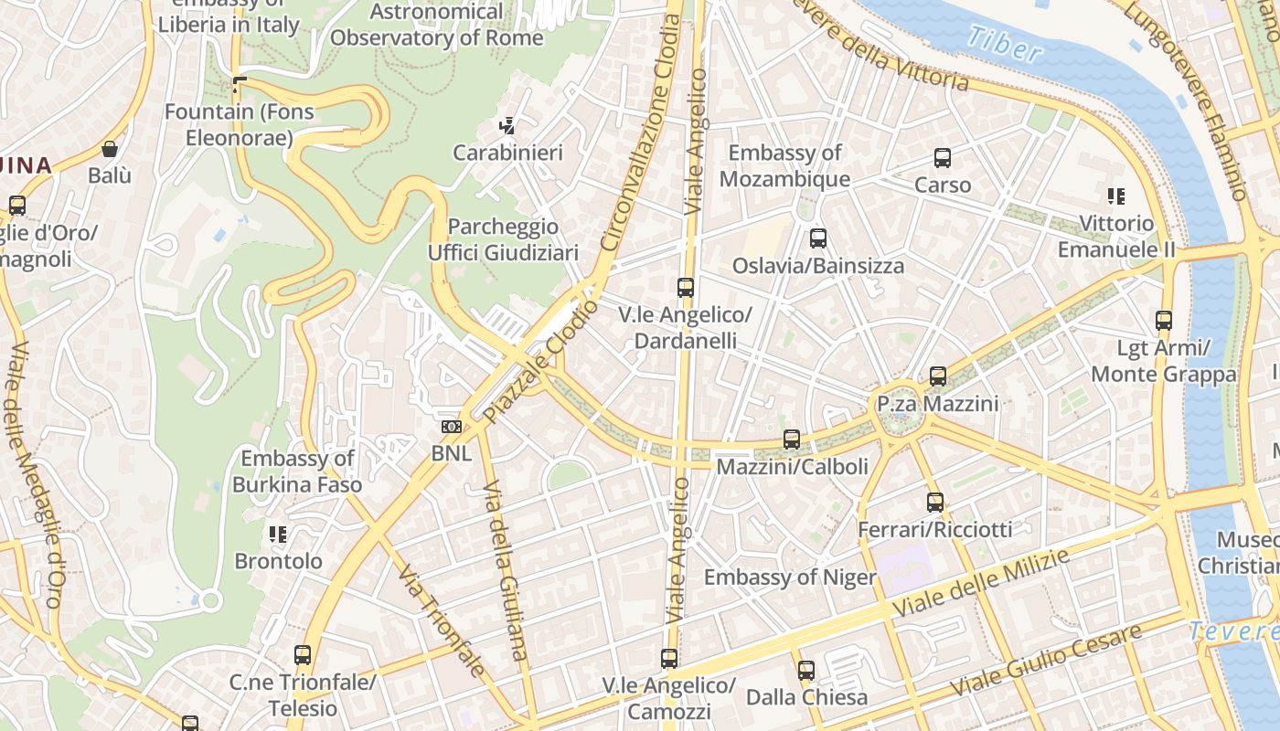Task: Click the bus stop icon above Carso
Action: pyautogui.click(x=943, y=158)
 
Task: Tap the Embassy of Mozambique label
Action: pyautogui.click(x=784, y=165)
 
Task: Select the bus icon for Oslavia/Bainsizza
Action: pyautogui.click(x=818, y=238)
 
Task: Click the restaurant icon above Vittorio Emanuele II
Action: pyautogui.click(x=1115, y=196)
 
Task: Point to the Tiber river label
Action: pyautogui.click(x=1004, y=43)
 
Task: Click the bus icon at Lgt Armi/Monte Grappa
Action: pyautogui.click(x=1164, y=321)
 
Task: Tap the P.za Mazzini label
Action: pyautogui.click(x=937, y=403)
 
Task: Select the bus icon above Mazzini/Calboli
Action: pyautogui.click(x=792, y=440)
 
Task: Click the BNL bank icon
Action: pyautogui.click(x=451, y=427)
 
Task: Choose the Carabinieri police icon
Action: pyautogui.click(x=507, y=125)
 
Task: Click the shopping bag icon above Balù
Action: pyautogui.click(x=110, y=149)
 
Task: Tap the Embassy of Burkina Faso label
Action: pyautogui.click(x=297, y=471)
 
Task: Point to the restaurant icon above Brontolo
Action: pyautogui.click(x=278, y=535)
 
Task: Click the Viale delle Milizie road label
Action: pyautogui.click(x=980, y=584)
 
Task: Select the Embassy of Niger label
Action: pyautogui.click(x=789, y=577)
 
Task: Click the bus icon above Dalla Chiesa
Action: pyautogui.click(x=805, y=670)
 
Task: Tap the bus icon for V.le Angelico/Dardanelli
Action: pyautogui.click(x=686, y=288)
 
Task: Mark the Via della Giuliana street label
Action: pyautogui.click(x=505, y=568)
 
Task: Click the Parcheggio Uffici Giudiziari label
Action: pyautogui.click(x=504, y=239)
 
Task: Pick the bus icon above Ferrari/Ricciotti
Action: pyautogui.click(x=934, y=502)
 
